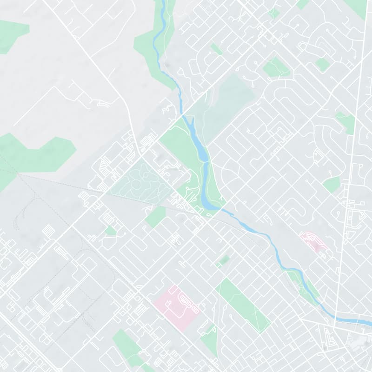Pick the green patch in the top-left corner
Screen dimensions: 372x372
point(12,35)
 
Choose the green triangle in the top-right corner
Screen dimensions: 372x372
point(358,7)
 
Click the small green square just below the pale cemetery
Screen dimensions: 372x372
point(156,217)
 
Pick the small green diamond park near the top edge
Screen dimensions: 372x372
point(274,13)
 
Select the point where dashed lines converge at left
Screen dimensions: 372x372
point(18,173)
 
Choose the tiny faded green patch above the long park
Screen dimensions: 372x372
point(224,260)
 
